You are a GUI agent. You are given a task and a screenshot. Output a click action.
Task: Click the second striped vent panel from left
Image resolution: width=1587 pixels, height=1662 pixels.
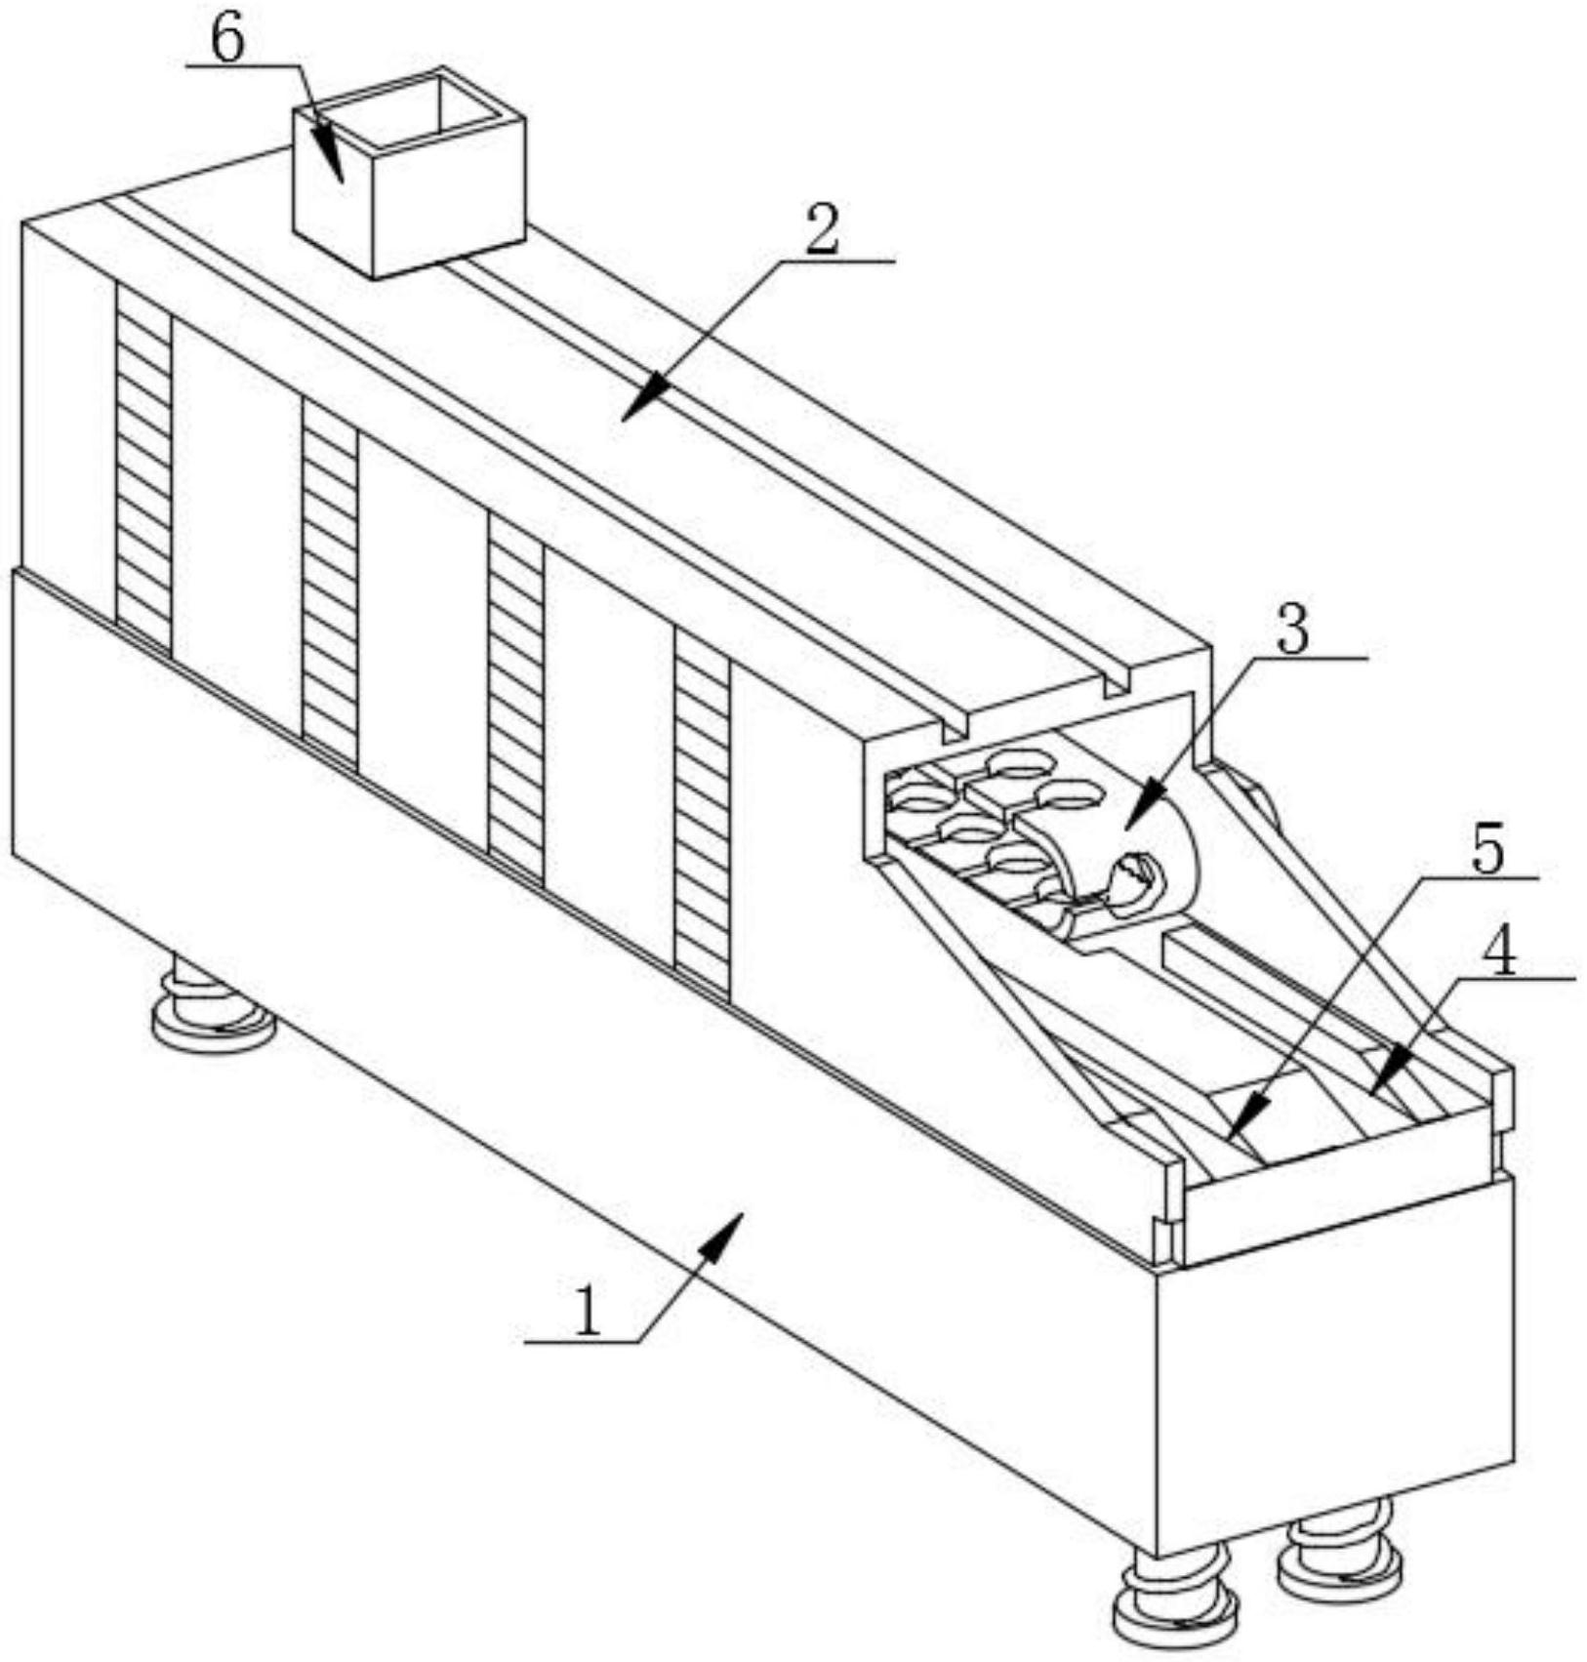[330, 584]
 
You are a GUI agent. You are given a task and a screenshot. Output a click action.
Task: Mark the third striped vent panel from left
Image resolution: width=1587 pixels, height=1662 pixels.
[515, 697]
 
